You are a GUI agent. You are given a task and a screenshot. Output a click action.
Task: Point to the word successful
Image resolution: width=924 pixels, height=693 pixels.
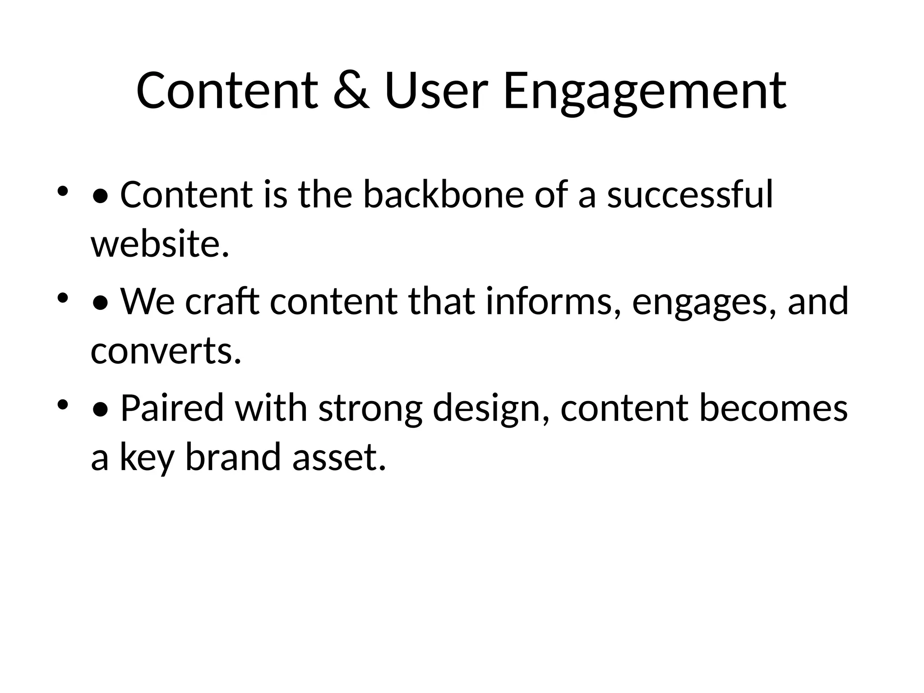[x=690, y=195]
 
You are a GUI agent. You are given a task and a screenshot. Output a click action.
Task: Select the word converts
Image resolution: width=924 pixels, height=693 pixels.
[x=166, y=351]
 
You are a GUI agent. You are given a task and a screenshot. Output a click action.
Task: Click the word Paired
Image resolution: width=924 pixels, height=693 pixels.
[x=172, y=408]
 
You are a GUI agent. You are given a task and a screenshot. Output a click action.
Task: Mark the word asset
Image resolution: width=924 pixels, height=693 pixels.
[x=338, y=457]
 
